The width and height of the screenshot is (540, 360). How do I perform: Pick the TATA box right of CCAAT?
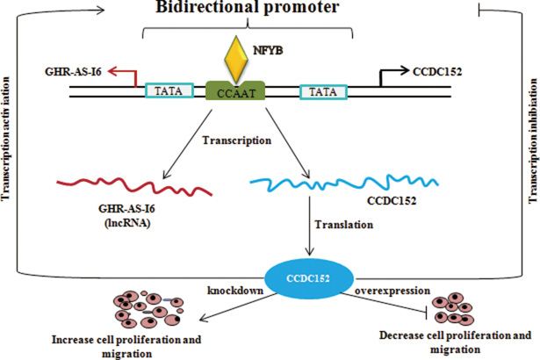click(323, 90)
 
